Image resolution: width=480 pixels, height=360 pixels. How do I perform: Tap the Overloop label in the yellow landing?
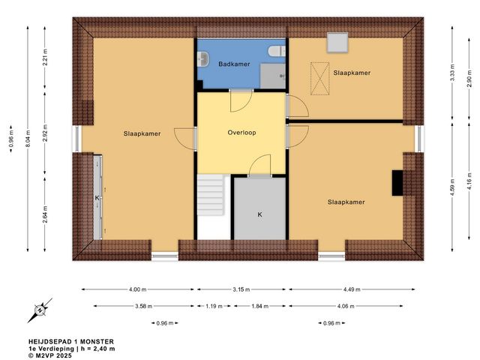pos(241,133)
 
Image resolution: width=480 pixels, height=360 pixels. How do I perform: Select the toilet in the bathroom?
pos(277,51)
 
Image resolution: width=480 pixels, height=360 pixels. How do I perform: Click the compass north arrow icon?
pos(42,307)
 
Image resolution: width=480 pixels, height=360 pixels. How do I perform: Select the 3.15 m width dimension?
pos(241,289)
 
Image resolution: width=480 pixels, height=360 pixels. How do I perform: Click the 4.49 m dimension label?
pos(354,289)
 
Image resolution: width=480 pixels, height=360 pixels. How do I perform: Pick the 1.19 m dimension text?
pos(214,306)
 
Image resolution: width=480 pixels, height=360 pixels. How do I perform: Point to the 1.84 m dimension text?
pos(259,306)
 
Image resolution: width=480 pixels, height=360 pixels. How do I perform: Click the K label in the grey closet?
pos(259,214)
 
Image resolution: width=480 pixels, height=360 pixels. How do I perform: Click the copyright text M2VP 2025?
pos(54,355)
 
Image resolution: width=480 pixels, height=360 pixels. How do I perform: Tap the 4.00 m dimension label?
pos(137,289)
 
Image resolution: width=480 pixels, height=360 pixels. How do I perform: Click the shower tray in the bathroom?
pos(273,76)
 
